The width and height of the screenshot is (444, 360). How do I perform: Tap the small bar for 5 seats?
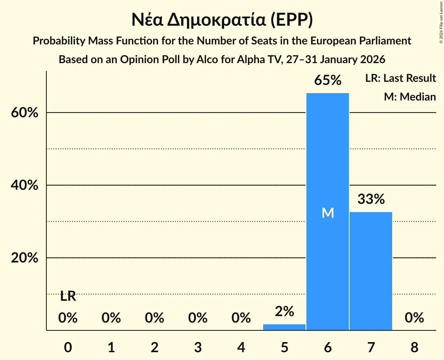(x=284, y=327)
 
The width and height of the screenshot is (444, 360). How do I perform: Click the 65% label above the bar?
(x=328, y=81)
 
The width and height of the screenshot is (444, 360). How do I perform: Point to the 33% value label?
(x=371, y=199)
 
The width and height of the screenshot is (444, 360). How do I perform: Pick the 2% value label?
(x=284, y=311)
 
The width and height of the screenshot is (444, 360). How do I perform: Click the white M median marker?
(x=328, y=213)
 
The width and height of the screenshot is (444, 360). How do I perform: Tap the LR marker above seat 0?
(x=68, y=296)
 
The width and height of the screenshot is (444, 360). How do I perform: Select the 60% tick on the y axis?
(x=24, y=113)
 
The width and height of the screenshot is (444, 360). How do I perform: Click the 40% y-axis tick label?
(x=24, y=185)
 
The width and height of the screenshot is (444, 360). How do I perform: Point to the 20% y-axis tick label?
(x=24, y=258)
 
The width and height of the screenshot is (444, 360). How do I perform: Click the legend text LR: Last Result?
(x=400, y=78)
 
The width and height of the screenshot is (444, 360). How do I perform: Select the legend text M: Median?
(x=410, y=97)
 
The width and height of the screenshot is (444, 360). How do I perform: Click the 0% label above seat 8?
(x=414, y=318)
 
